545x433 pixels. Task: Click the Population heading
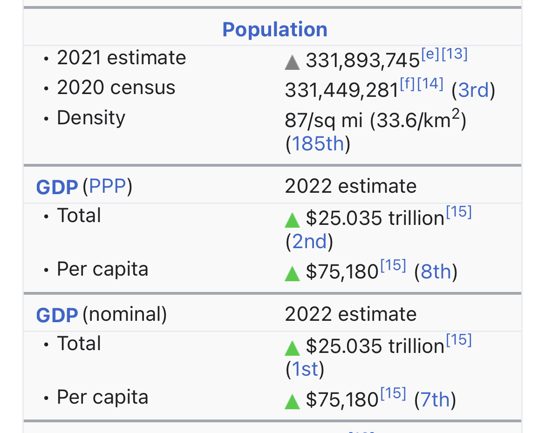(x=275, y=29)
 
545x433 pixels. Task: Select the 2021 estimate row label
(x=121, y=58)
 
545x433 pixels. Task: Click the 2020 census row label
(x=116, y=88)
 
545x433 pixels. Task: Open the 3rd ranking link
(x=473, y=90)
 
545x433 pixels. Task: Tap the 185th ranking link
(x=318, y=144)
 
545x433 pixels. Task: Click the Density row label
(x=91, y=118)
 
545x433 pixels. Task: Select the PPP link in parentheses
(x=107, y=186)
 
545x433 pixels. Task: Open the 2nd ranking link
(x=309, y=241)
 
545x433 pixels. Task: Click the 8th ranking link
(x=436, y=271)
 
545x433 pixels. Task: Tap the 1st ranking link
(x=305, y=369)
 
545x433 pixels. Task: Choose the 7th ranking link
(x=435, y=399)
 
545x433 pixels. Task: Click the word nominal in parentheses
(x=124, y=314)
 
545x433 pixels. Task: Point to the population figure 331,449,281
(x=341, y=90)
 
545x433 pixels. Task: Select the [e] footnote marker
(x=429, y=54)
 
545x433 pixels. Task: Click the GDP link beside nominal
(x=56, y=315)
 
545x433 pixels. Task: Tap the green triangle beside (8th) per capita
(x=292, y=273)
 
